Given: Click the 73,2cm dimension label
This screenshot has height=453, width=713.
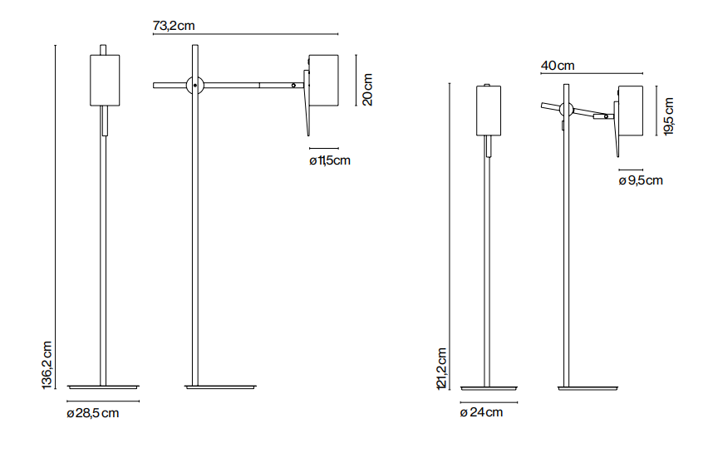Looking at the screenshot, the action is click(x=174, y=26).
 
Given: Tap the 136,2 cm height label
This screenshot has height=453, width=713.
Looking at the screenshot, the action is click(x=47, y=365).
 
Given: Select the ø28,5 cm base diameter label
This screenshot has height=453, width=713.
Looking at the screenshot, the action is click(x=93, y=413).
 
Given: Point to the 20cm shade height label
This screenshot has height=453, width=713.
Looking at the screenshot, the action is click(x=367, y=90).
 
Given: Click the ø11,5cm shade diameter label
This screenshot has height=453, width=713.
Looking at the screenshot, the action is click(x=330, y=160).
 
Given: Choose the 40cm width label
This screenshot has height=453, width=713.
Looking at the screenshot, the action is click(x=558, y=66).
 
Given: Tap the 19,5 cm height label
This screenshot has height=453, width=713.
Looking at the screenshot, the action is click(x=668, y=116).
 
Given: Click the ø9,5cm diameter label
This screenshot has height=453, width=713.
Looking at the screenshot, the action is click(x=641, y=180).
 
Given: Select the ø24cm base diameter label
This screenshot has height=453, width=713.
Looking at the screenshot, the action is click(x=481, y=412).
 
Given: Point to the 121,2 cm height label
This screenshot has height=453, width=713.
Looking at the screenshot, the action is click(x=442, y=368).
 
